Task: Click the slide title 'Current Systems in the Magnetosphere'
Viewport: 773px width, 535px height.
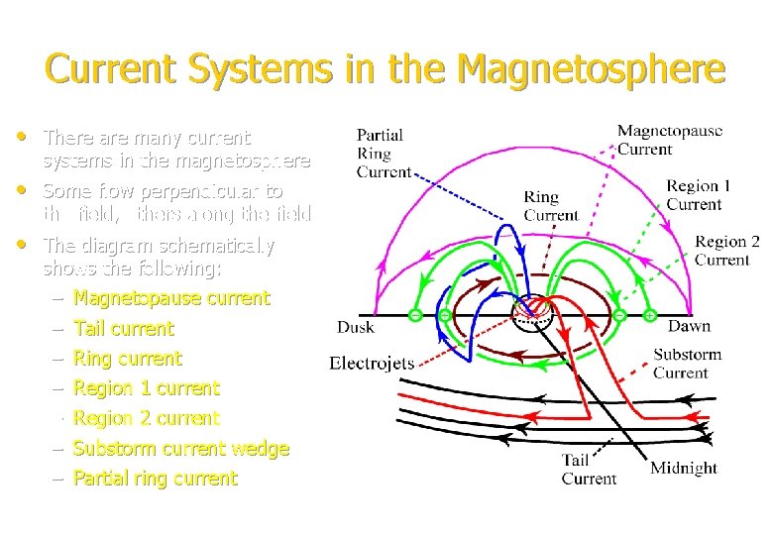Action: [386, 70]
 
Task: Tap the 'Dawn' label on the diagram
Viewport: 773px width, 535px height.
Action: [689, 326]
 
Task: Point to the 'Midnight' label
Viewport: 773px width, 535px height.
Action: [684, 468]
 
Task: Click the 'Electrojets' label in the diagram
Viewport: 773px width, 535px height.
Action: [372, 363]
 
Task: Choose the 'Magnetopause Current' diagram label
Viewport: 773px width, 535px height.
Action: [670, 140]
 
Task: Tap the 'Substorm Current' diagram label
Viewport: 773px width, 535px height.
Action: [687, 364]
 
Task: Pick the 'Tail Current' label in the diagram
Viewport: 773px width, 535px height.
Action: [589, 469]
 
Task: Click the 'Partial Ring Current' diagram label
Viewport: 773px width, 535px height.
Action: [383, 154]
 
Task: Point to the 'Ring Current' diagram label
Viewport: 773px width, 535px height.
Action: [551, 206]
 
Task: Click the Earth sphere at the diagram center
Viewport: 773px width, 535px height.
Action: [535, 315]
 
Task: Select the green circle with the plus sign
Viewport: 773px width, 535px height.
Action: [649, 315]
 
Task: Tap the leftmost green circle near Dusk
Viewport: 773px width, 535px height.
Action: [415, 315]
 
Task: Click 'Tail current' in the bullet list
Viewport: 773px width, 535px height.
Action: [124, 329]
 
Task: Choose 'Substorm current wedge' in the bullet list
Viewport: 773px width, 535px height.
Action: [181, 449]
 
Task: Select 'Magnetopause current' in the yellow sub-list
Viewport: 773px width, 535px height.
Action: [171, 298]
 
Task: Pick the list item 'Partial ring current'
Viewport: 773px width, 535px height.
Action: [156, 479]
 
